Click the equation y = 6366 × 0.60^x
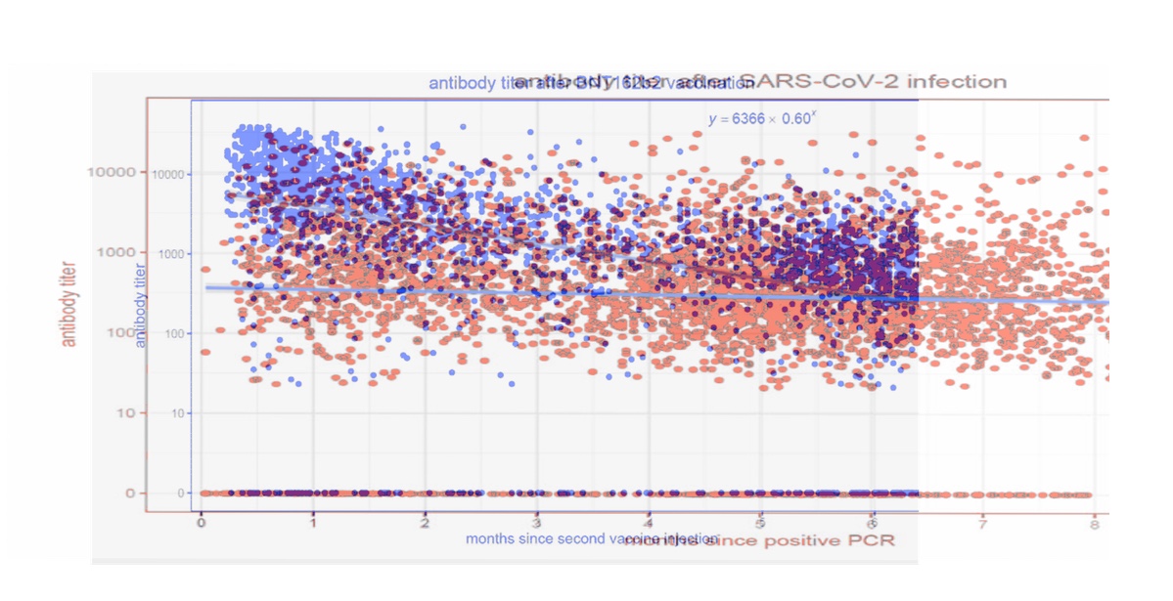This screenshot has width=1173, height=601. click(x=762, y=118)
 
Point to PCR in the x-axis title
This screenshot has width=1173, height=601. click(x=872, y=539)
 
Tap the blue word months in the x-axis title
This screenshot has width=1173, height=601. click(x=489, y=538)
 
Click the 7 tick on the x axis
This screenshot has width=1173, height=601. click(x=982, y=525)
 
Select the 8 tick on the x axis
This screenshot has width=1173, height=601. click(x=1094, y=525)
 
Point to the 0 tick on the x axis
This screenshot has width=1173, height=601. click(x=202, y=525)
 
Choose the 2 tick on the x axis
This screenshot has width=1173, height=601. click(x=425, y=525)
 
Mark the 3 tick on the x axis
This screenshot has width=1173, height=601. click(x=536, y=525)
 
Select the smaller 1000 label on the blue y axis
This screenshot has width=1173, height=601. click(x=171, y=254)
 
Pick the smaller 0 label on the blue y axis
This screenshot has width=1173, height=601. click(x=181, y=494)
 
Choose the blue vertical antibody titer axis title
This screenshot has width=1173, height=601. click(x=141, y=306)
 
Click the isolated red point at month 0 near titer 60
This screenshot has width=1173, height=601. click(x=205, y=352)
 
